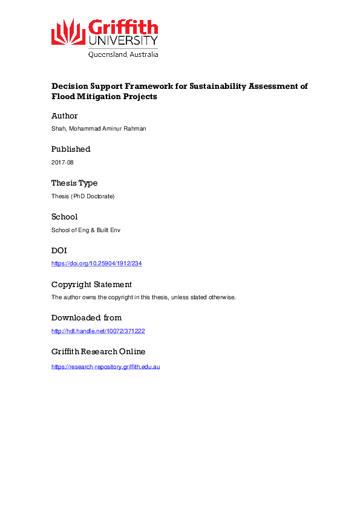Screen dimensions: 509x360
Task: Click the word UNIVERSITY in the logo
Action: [123, 41]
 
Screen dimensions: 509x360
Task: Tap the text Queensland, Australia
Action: [123, 54]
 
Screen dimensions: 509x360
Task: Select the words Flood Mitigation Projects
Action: [104, 97]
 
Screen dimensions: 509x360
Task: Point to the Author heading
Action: [64, 115]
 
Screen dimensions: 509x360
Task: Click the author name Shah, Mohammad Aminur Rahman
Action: [99, 129]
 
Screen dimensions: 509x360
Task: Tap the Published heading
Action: [71, 149]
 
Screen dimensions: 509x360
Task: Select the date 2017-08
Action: [62, 163]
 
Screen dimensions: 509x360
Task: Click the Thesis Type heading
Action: [74, 183]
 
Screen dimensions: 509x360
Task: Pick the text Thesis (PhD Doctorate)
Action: [83, 196]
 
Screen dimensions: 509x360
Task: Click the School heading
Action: [64, 216]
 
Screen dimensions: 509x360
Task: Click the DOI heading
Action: [59, 250]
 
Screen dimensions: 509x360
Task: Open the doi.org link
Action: [96, 264]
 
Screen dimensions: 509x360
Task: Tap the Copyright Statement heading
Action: [91, 284]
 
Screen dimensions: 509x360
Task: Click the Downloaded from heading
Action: [86, 317]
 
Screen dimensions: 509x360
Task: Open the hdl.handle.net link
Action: [98, 331]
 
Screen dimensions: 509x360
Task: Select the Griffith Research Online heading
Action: [98, 351]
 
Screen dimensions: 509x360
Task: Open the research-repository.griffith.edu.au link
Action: [105, 366]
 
